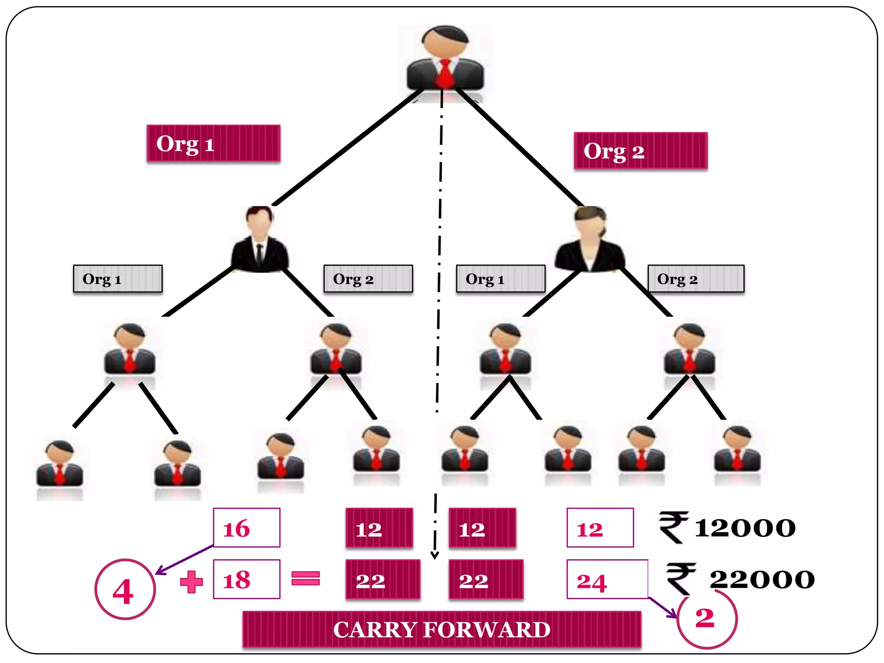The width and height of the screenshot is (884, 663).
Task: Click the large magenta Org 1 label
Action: pos(213,143)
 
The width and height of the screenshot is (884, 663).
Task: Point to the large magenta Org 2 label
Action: pos(641,151)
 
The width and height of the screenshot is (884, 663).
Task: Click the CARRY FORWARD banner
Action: pos(442,629)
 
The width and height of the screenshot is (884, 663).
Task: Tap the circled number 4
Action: pos(124,590)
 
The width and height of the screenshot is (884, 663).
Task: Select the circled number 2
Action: pos(706,618)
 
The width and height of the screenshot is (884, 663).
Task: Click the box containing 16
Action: pos(246,527)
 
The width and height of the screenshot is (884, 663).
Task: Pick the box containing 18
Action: pos(246,579)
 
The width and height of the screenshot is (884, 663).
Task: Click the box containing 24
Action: pos(607,579)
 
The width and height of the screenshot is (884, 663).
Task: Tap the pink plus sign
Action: pos(191,581)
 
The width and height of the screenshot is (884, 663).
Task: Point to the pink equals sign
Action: pos(306,578)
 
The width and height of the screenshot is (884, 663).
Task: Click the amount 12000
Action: pos(745,528)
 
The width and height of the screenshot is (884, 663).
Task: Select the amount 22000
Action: pos(762,579)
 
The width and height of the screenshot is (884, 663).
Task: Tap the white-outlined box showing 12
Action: pos(600,527)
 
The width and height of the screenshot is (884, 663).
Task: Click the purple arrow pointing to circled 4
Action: pos(183,560)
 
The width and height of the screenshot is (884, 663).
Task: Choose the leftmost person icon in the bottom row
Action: pos(60,464)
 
